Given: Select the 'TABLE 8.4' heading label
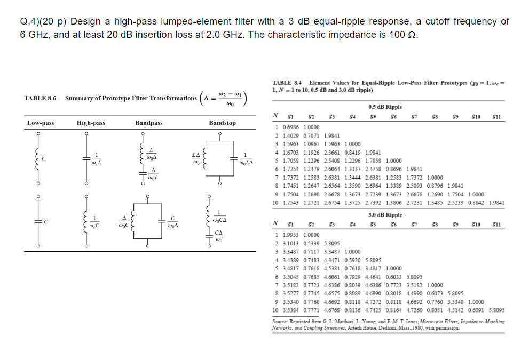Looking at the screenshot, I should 287,83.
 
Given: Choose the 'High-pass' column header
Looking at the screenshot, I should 91,123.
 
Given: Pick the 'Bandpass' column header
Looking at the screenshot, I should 149,123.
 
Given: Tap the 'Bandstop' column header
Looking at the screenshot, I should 222,123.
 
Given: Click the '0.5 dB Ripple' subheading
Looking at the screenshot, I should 385,107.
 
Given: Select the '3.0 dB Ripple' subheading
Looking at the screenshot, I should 385,215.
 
